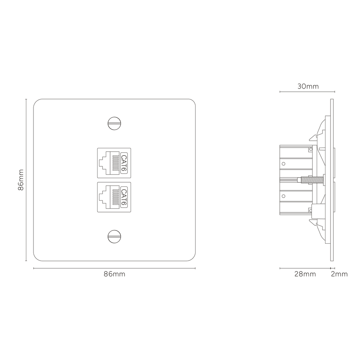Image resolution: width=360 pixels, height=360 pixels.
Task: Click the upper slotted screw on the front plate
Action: tap(114, 123)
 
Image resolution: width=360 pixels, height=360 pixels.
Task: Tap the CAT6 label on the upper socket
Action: tap(124, 163)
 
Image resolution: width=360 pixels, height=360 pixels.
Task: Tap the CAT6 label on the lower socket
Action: tap(124, 197)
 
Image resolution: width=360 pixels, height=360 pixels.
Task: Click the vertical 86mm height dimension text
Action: tap(21, 180)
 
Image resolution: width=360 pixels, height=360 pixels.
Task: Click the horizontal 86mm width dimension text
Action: tap(114, 274)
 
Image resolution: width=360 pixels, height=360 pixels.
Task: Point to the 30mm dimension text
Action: tap(308, 86)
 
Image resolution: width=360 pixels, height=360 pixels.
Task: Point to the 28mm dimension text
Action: tap(305, 274)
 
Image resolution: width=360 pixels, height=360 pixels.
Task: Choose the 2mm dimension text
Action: tap(339, 274)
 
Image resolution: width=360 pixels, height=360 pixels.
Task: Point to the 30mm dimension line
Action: tap(307, 92)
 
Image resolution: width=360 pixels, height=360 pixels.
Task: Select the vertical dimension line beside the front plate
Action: tap(26, 180)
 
